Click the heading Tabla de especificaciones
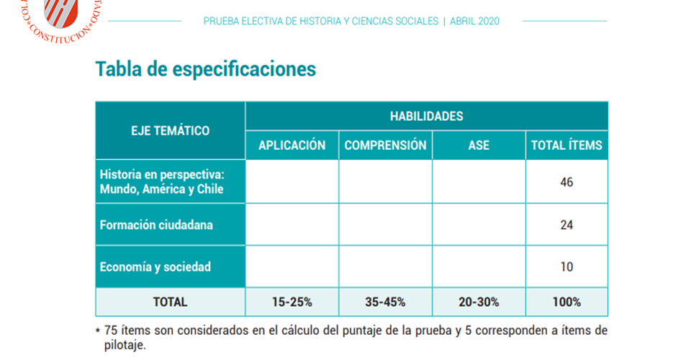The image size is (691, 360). pyautogui.click(x=206, y=69)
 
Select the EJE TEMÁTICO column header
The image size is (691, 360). pyautogui.click(x=171, y=130)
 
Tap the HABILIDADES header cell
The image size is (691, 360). pyautogui.click(x=426, y=116)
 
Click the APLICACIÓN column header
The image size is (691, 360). pyautogui.click(x=292, y=145)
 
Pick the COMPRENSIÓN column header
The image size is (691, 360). pyautogui.click(x=385, y=145)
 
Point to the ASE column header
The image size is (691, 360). pyautogui.click(x=479, y=145)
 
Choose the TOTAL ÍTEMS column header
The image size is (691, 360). pyautogui.click(x=566, y=145)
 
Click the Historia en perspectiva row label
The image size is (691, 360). pyautogui.click(x=162, y=182)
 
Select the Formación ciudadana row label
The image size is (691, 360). pyautogui.click(x=156, y=225)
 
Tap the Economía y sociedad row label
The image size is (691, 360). pyautogui.click(x=155, y=267)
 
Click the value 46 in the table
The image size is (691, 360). pyautogui.click(x=566, y=182)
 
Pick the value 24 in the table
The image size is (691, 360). pyautogui.click(x=566, y=225)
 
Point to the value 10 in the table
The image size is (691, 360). pyautogui.click(x=566, y=267)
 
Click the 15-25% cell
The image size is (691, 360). pyautogui.click(x=292, y=302)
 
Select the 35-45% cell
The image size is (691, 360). pyautogui.click(x=385, y=302)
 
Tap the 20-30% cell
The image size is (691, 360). pyautogui.click(x=479, y=302)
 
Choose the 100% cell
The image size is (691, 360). pyautogui.click(x=566, y=302)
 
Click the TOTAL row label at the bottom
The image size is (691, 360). pyautogui.click(x=171, y=302)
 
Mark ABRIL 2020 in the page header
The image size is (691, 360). pyautogui.click(x=474, y=22)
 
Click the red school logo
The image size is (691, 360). pyautogui.click(x=61, y=14)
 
